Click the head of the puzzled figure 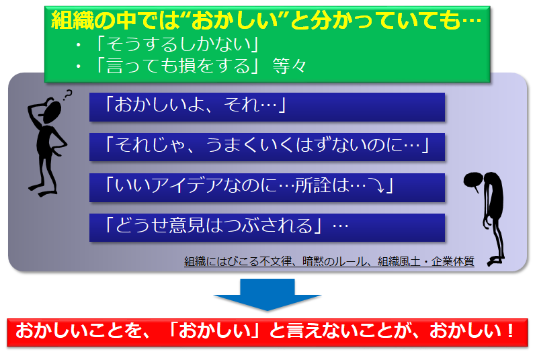tap(52, 111)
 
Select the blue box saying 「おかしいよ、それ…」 tap(267, 107)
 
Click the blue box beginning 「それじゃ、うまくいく tap(267, 147)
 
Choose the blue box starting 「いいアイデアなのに tap(267, 187)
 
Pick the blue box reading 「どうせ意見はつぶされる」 tap(267, 228)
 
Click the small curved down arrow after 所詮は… tap(378, 186)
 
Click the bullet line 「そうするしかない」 tap(177, 44)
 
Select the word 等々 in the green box tap(289, 66)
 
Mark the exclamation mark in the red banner tap(510, 330)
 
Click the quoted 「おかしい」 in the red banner tap(213, 330)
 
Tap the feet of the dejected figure tap(495, 261)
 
